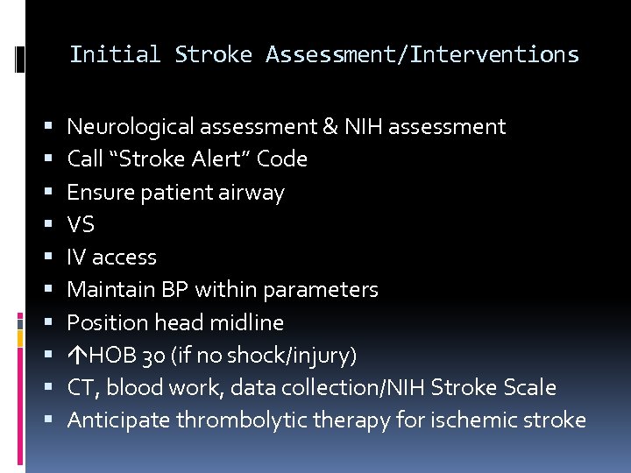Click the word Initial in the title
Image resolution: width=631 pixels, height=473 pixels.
click(x=115, y=54)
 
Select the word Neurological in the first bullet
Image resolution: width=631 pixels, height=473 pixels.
click(x=131, y=127)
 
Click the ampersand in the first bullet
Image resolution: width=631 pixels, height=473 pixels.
click(x=330, y=127)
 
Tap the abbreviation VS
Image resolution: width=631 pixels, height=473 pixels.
click(x=81, y=224)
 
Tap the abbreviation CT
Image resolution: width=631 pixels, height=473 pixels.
click(x=80, y=387)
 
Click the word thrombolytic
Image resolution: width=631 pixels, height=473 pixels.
click(x=231, y=420)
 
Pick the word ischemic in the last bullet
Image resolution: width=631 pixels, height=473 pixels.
click(x=470, y=420)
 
